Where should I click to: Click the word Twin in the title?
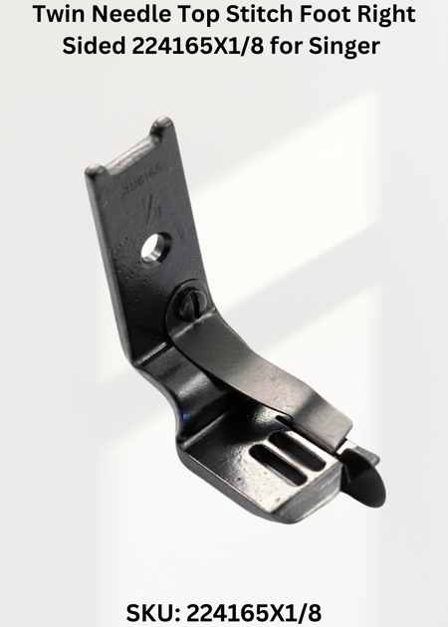point(58,14)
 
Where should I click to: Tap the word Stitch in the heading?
point(259,14)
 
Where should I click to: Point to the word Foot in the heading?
point(325,14)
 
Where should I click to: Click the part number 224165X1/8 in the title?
point(197,46)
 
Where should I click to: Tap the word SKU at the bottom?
point(150,612)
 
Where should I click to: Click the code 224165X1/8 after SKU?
point(255,612)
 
